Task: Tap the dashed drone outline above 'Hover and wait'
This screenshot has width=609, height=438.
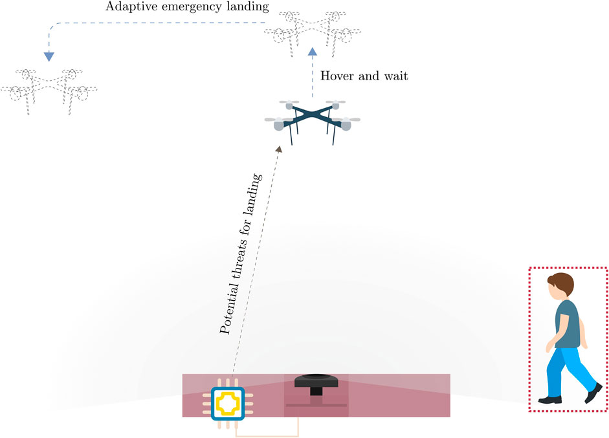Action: [x=313, y=33]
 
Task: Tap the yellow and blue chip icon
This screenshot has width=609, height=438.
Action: [x=227, y=403]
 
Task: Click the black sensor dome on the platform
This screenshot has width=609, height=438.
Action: [x=316, y=382]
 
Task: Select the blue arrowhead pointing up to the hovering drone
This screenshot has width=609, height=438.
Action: [x=313, y=52]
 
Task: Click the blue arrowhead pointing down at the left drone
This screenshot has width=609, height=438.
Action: [x=49, y=58]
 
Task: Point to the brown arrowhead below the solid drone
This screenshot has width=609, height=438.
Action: [x=280, y=149]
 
